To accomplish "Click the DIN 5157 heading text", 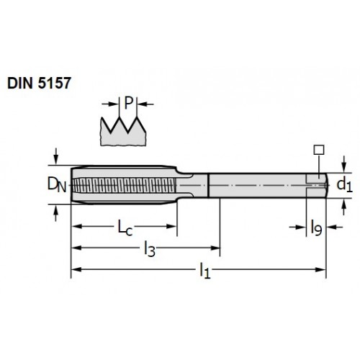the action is (39, 83).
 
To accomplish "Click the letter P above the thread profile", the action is (129, 103).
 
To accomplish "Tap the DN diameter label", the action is (57, 184).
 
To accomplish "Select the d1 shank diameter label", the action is (345, 185).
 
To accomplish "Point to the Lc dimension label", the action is (125, 228).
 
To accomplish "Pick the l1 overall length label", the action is (205, 271).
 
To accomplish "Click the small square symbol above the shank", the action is (319, 150).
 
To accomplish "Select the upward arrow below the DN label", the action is (56, 213).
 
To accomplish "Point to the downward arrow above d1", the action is (344, 164).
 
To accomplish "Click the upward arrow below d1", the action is (344, 207).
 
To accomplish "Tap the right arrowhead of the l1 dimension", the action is (320, 269).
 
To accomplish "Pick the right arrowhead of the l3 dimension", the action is (215, 248).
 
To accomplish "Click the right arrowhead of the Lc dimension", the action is (171, 226).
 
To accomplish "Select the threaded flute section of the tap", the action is (125, 185).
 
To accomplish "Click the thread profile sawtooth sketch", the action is (123, 132).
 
